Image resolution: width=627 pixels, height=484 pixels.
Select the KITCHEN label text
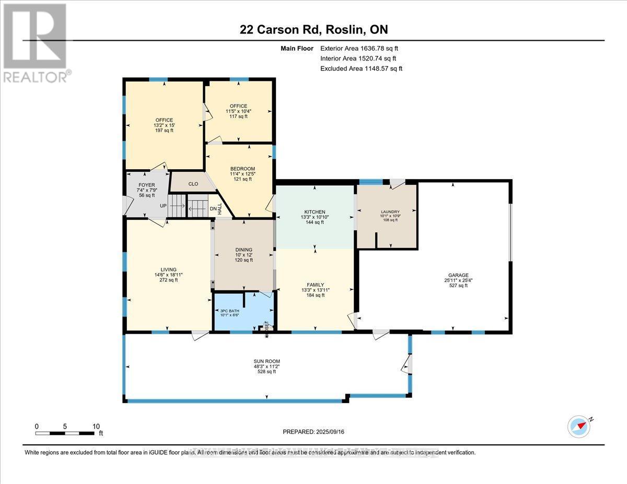point(315,212)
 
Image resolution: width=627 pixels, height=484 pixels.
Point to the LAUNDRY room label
point(390,212)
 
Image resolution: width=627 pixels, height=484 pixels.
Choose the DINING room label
point(243,250)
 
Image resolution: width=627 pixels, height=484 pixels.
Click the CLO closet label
point(193,184)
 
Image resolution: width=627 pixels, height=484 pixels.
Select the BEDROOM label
point(242,169)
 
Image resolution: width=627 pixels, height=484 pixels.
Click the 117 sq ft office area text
point(236,116)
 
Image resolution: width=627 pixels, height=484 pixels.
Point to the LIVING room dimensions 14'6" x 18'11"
point(168,275)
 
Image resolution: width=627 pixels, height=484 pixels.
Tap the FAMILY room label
point(315,284)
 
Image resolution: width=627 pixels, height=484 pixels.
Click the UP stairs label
point(163,206)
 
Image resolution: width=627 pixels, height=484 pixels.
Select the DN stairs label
point(213,209)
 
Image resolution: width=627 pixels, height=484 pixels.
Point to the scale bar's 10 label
point(96,426)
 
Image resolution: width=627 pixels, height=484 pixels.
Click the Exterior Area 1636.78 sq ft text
point(362,49)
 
